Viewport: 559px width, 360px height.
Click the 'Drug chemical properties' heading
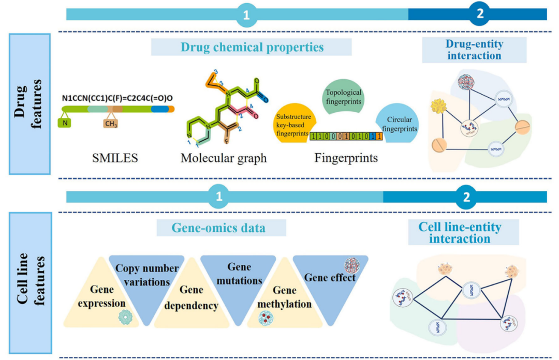tap(252, 47)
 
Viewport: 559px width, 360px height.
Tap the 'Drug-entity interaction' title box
tap(474, 50)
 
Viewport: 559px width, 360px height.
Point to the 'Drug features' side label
tap(29, 104)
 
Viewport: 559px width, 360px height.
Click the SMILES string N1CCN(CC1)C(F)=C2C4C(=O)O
tap(118, 97)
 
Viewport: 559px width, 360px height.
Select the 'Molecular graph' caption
tap(224, 158)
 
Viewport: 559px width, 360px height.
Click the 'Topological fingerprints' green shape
tap(343, 97)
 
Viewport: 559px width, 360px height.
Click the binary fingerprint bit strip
tap(346, 136)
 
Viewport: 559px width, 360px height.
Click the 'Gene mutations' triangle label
tap(239, 274)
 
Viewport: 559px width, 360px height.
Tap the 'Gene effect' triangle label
tap(329, 278)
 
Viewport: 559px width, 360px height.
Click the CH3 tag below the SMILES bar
tap(110, 124)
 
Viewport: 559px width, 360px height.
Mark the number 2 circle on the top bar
tap(480, 14)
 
